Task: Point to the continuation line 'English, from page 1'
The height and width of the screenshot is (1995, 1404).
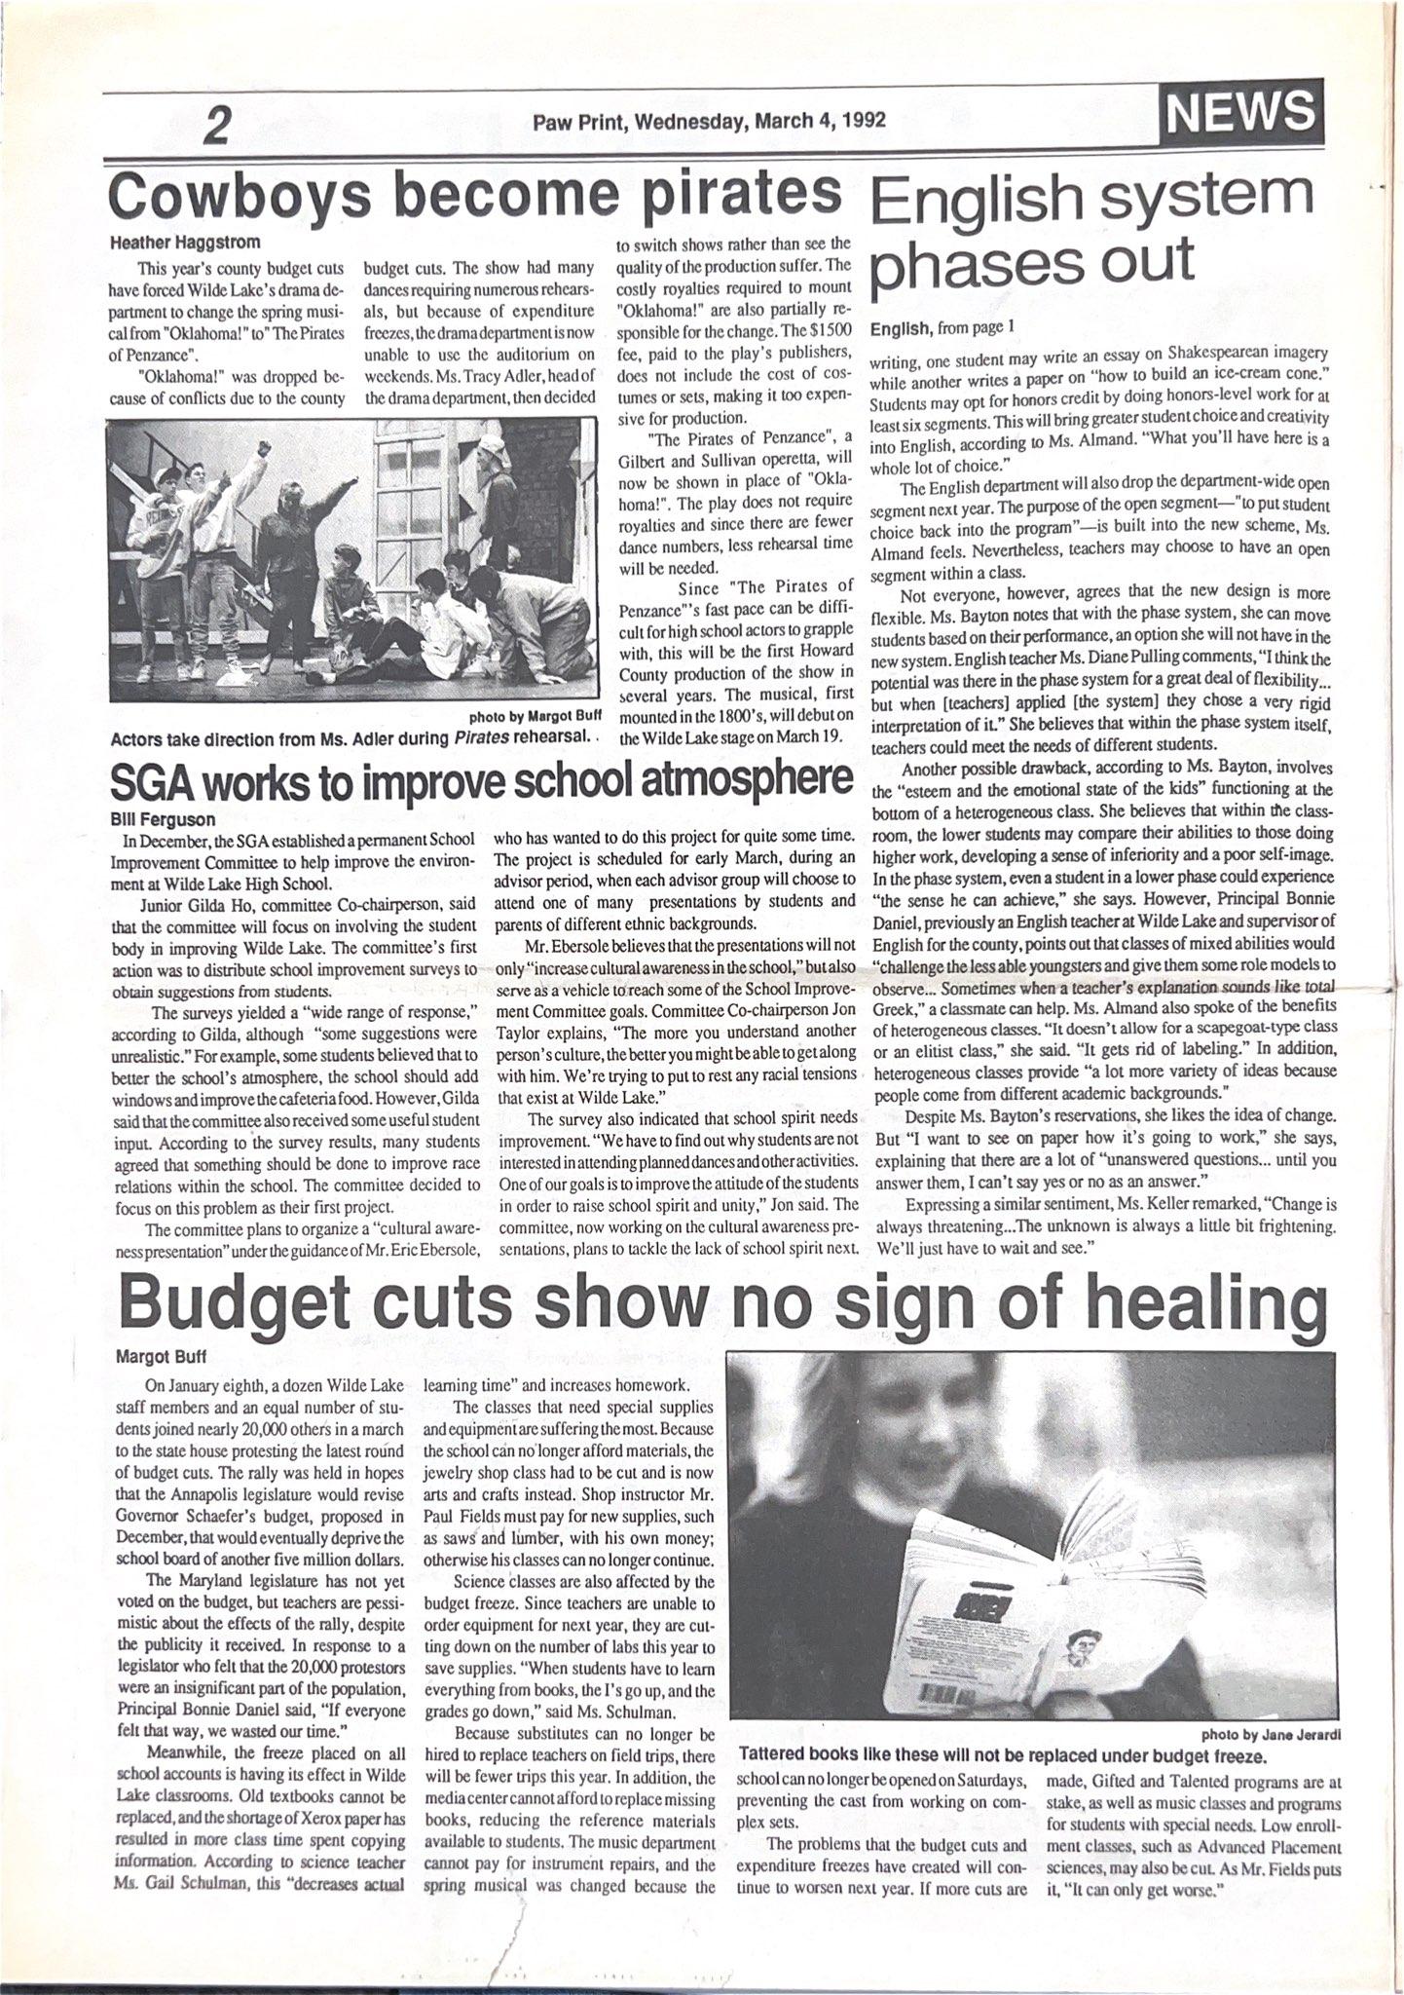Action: pyautogui.click(x=942, y=328)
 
